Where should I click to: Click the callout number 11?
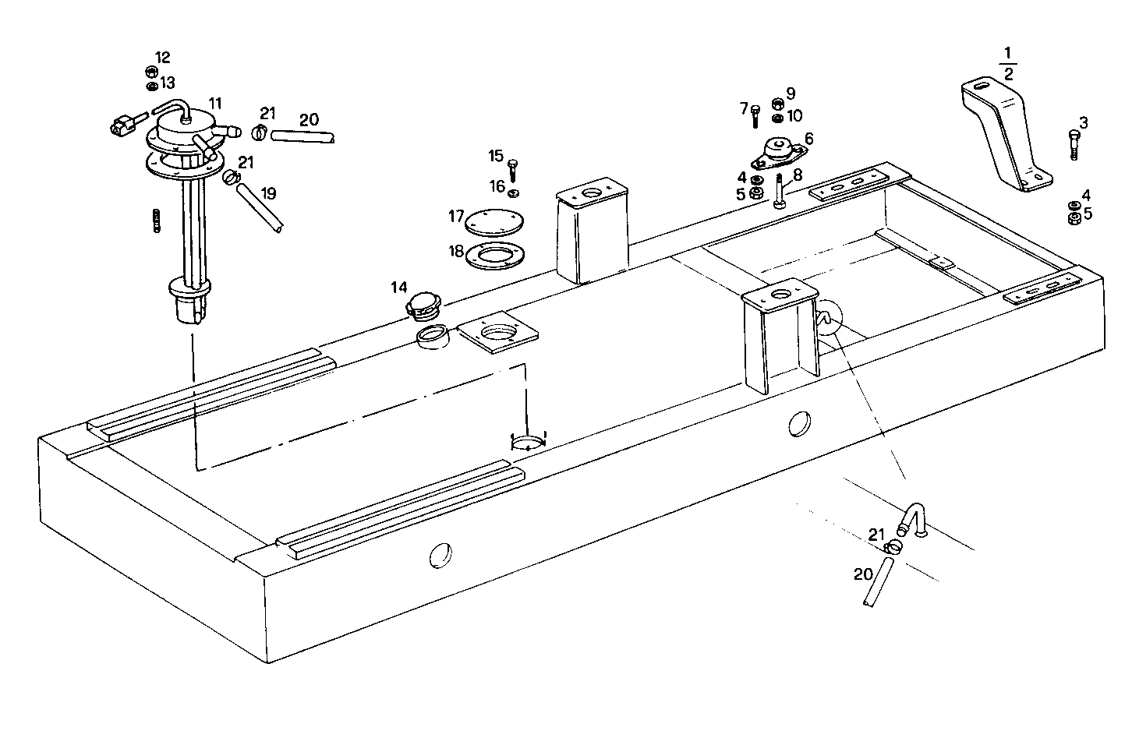pos(215,103)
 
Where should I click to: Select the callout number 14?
pos(399,288)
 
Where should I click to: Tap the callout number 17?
pos(456,216)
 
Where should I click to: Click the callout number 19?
pos(268,193)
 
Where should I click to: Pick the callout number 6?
pos(808,138)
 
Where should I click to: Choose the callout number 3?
pos(1084,122)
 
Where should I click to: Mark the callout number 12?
pos(162,58)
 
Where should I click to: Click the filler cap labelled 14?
pos(425,306)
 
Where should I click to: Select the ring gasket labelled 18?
pos(494,255)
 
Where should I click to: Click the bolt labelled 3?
pos(1074,145)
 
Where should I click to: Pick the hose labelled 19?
pos(260,207)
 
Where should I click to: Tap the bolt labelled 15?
pos(512,169)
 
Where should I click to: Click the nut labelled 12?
pos(153,72)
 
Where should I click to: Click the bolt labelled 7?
pos(755,116)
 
